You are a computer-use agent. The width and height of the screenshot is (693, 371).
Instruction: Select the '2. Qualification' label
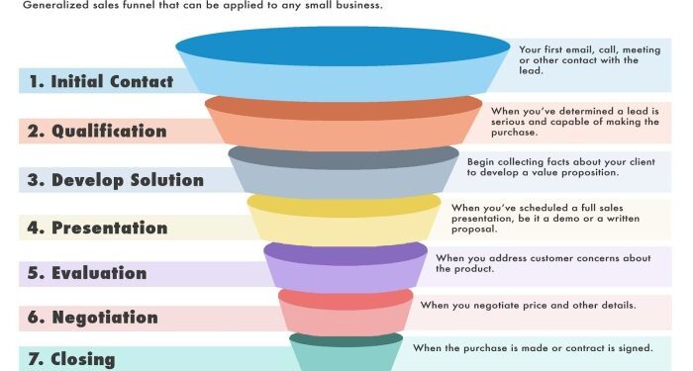click(95, 132)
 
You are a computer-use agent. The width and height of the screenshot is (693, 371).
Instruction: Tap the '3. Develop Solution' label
click(114, 180)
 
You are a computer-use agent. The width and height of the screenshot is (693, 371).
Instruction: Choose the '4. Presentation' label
click(96, 228)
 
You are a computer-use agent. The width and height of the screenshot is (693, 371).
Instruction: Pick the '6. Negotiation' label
click(91, 318)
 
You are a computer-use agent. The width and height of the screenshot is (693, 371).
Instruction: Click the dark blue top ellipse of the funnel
click(345, 48)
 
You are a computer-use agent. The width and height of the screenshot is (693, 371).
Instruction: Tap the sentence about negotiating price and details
click(527, 305)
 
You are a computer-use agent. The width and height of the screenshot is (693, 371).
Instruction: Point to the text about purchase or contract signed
click(533, 348)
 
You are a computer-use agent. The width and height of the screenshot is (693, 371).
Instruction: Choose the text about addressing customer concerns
click(543, 264)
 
